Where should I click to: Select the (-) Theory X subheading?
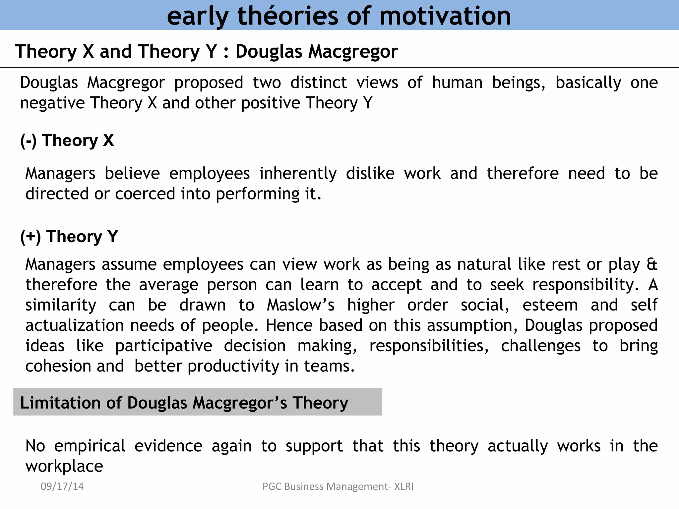coord(67,141)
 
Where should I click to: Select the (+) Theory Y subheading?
coord(69,237)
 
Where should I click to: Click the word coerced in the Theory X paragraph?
coord(145,194)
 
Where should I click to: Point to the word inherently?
coord(298,174)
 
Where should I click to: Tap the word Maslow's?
coord(301,305)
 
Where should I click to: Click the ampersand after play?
coord(652,264)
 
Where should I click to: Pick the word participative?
coord(164,346)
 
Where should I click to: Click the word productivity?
coord(233,367)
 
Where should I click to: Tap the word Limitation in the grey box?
coord(60,403)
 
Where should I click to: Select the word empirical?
coord(90,446)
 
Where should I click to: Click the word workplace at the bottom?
coord(64,467)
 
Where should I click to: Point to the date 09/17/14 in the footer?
coord(62,486)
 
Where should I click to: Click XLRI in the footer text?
coord(403,486)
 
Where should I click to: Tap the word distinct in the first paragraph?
coord(319,83)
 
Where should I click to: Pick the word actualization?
coord(75,325)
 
